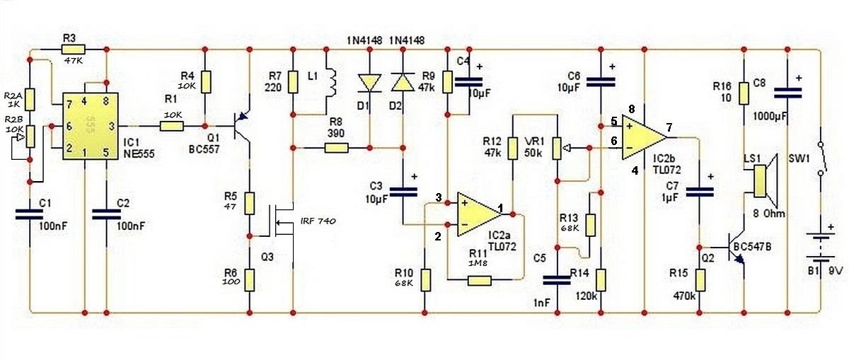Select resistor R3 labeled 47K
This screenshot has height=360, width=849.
(73, 50)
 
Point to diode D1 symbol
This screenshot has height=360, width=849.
(369, 83)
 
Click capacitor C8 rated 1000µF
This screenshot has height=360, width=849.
(786, 93)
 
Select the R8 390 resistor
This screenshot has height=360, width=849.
(337, 148)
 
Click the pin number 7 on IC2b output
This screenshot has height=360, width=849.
(669, 128)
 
